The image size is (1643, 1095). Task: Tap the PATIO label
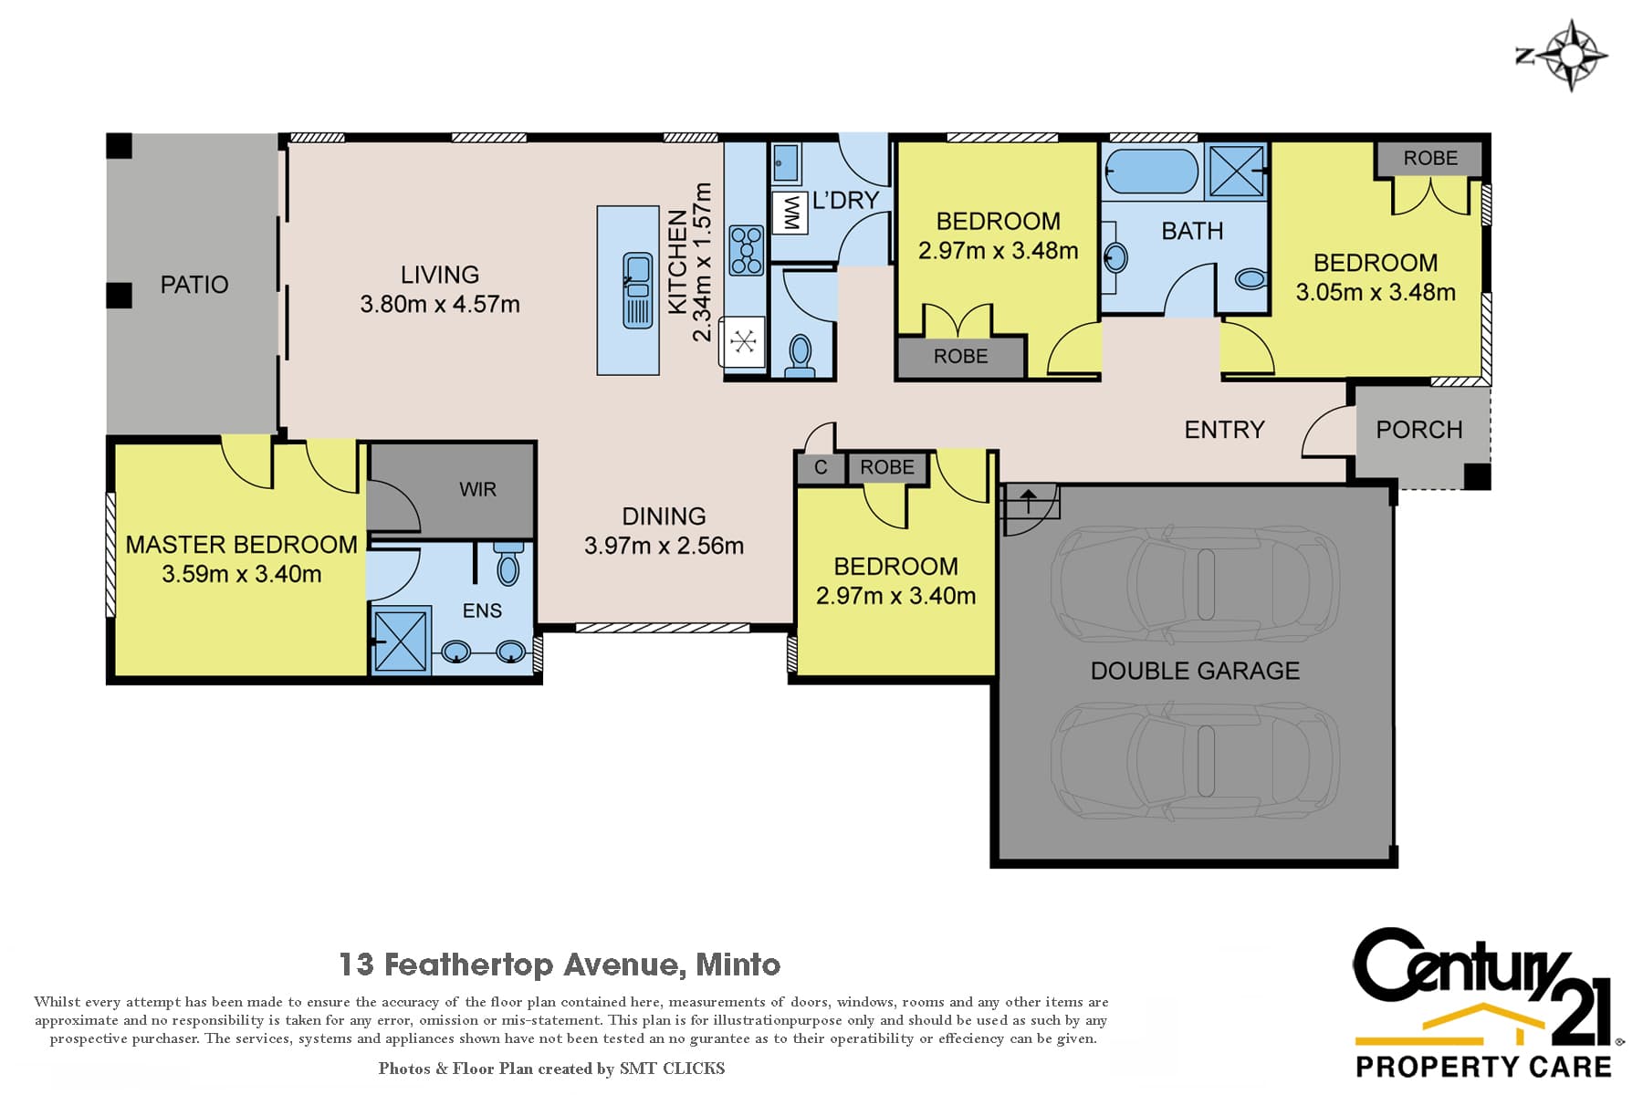coord(194,285)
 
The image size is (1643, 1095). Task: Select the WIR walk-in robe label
coord(477,489)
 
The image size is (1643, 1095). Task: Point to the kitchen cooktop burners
coord(747,250)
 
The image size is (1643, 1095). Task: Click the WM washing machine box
coord(790,213)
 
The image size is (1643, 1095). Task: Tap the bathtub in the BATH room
coord(1152,172)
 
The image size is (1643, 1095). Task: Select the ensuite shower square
coord(402,641)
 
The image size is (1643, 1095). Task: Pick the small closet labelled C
coord(821,467)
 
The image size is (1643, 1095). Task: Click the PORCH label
coord(1419,430)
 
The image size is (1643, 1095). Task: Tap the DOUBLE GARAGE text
coord(1195,671)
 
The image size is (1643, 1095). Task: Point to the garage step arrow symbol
coord(1029,500)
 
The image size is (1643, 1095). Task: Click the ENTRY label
coord(1224,430)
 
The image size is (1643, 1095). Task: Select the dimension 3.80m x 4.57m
coord(440,304)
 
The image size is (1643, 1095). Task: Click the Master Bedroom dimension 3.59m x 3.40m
coord(242,574)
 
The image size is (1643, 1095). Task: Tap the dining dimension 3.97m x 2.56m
coord(665,546)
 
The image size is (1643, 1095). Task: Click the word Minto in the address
coord(738,965)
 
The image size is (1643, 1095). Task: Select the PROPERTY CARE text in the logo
coord(1483,1067)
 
